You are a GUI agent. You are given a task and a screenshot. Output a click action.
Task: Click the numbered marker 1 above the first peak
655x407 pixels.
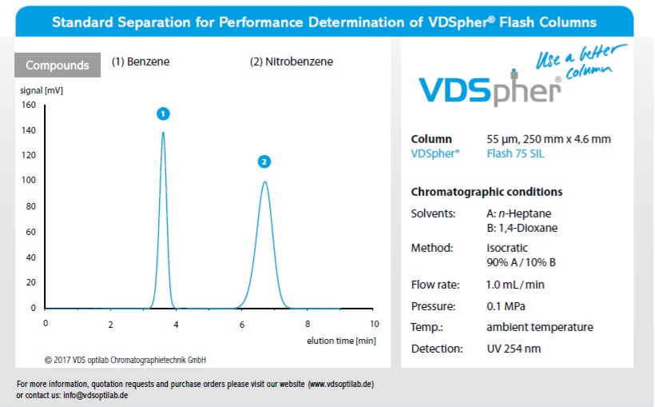click(163, 114)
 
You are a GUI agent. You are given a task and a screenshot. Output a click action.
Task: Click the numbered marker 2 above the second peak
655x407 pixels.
click(264, 162)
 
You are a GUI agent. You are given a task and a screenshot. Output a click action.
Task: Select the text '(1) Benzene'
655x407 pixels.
click(141, 62)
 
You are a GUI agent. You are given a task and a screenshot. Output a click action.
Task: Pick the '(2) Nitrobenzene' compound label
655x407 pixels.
click(292, 62)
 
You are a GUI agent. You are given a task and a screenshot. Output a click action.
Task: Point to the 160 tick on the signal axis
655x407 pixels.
click(29, 105)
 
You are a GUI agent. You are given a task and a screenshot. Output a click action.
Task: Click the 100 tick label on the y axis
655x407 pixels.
click(29, 181)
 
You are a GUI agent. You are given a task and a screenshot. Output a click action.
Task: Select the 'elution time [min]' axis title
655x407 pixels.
click(341, 341)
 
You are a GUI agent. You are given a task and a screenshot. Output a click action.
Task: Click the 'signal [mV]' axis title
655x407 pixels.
click(42, 90)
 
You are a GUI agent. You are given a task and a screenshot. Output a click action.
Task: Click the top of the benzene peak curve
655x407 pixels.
click(163, 133)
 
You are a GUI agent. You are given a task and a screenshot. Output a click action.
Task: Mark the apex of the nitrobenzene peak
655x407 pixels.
click(264, 182)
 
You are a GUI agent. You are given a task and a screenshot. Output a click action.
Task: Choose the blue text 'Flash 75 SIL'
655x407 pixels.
click(515, 154)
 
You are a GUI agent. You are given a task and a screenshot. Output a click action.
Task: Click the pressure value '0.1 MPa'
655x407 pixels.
click(506, 306)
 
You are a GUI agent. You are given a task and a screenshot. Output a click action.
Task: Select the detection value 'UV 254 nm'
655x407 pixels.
click(514, 349)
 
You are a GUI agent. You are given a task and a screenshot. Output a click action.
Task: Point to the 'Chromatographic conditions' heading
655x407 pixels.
click(486, 192)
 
